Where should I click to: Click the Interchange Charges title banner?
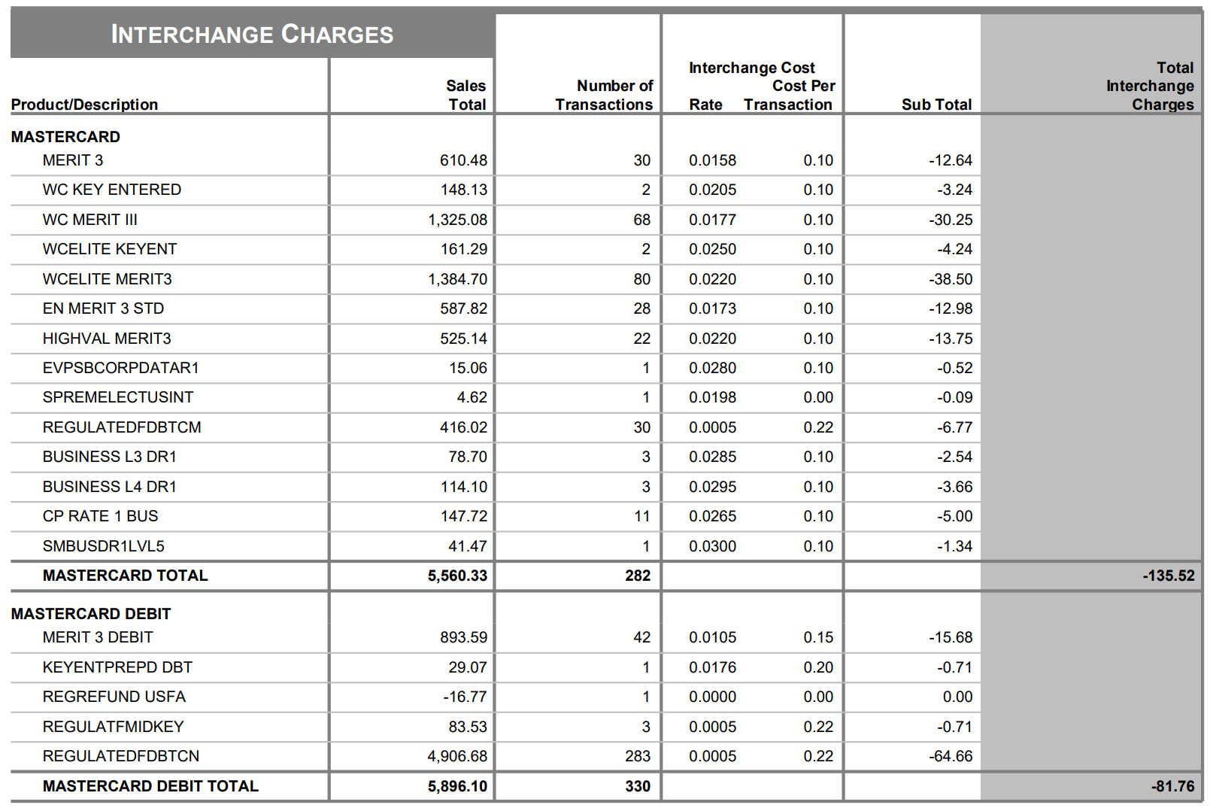click(x=253, y=34)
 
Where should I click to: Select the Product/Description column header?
click(x=84, y=104)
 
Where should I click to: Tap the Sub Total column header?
click(x=936, y=104)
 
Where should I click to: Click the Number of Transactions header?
click(x=604, y=95)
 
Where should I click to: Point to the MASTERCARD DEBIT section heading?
click(x=91, y=613)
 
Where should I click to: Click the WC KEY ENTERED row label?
click(x=112, y=190)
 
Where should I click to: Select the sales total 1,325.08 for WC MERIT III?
click(x=457, y=220)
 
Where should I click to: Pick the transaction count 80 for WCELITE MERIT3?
click(x=641, y=279)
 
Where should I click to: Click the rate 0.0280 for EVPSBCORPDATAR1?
click(x=713, y=368)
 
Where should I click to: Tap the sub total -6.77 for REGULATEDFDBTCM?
click(x=955, y=427)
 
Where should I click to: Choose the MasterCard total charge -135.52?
click(x=1169, y=576)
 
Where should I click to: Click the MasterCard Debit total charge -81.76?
click(x=1173, y=785)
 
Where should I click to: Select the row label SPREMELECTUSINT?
click(x=118, y=397)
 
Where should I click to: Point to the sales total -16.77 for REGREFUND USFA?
click(x=465, y=697)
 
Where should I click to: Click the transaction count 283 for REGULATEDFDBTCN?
click(x=638, y=756)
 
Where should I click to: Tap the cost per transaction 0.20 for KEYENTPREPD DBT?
click(x=818, y=667)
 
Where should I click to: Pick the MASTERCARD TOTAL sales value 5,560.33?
click(x=457, y=576)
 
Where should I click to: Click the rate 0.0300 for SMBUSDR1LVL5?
click(x=713, y=545)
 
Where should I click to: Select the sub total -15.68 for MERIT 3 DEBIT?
click(x=951, y=637)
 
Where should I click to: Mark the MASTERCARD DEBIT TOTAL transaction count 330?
click(x=638, y=785)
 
